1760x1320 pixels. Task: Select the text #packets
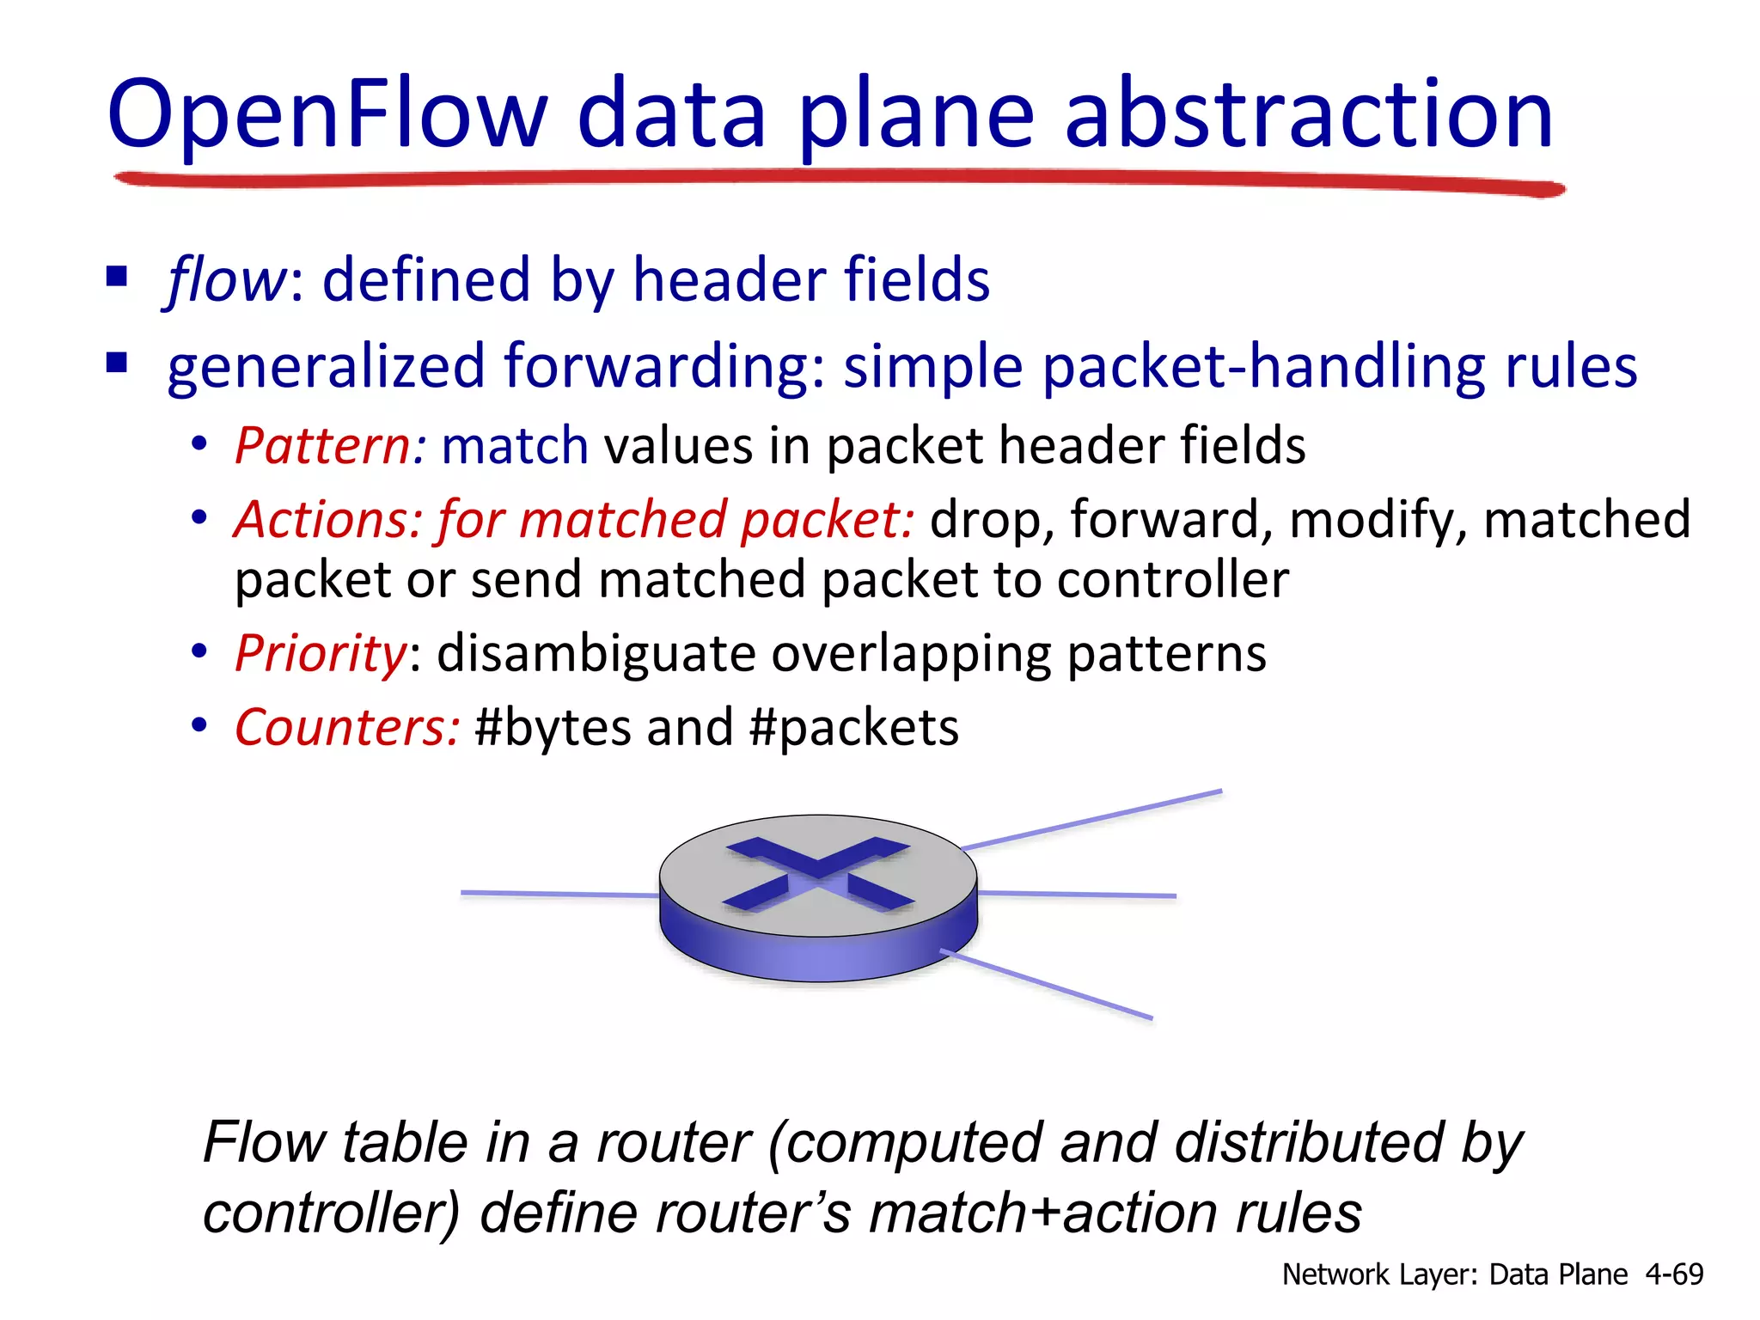[853, 728]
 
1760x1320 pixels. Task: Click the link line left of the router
[559, 895]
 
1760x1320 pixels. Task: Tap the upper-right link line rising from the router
[1091, 819]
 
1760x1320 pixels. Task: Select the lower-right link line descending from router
[1048, 985]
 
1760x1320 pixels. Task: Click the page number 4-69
[1674, 1274]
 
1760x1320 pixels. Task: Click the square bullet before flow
[117, 277]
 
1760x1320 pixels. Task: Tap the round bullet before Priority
[199, 651]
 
